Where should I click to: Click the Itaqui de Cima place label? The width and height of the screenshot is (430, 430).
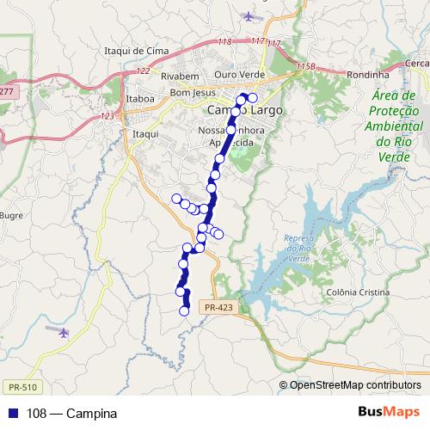(x=135, y=52)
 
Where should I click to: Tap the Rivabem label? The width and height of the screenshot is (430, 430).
(x=180, y=76)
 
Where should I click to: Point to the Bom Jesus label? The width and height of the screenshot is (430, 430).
(x=190, y=92)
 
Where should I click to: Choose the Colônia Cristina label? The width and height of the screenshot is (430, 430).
(x=354, y=292)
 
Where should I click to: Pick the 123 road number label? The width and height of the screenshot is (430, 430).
(x=107, y=115)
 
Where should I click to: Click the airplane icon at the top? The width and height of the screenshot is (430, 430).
(x=250, y=16)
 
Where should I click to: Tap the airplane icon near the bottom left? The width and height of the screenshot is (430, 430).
(x=61, y=331)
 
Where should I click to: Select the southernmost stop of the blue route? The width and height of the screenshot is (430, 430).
(x=183, y=310)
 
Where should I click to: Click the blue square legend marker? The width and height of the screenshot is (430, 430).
(x=10, y=414)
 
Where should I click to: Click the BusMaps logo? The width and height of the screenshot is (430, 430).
(x=390, y=413)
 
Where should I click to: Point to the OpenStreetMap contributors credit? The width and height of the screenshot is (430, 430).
(x=354, y=384)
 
